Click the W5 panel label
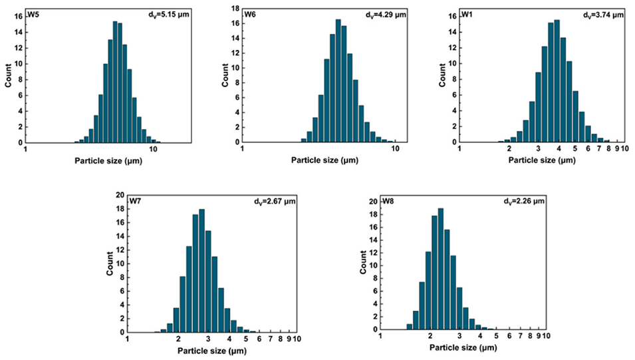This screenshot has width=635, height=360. click(x=33, y=13)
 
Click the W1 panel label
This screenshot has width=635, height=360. click(x=469, y=13)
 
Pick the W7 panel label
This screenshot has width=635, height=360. click(x=136, y=200)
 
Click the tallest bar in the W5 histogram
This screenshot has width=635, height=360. click(x=115, y=81)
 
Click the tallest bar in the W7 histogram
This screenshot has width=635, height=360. click(x=201, y=271)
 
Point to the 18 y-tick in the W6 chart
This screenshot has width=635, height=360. click(x=235, y=9)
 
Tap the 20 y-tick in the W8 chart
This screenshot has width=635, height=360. click(x=373, y=202)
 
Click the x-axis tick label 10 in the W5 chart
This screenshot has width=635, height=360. click(x=154, y=150)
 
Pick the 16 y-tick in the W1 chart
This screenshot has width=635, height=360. click(x=451, y=15)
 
